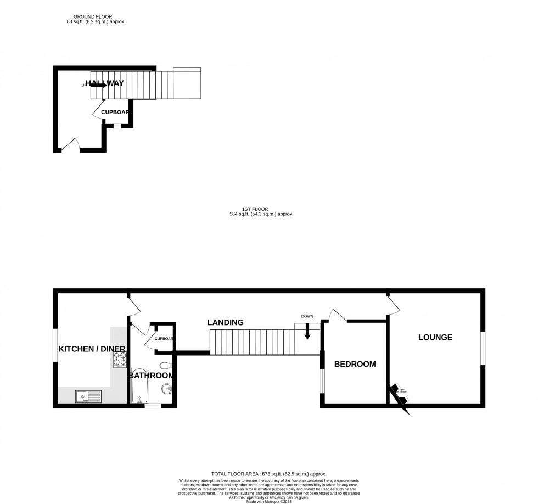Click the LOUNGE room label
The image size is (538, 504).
point(435,337)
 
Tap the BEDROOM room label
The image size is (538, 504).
point(355,364)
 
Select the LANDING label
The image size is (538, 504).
point(225,323)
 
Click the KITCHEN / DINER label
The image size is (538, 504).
point(92,349)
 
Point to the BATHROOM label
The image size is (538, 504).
point(152,376)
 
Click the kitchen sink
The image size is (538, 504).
point(88,395)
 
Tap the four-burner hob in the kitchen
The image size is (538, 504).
point(120,359)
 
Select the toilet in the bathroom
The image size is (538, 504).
point(165,366)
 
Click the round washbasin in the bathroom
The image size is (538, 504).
point(166,389)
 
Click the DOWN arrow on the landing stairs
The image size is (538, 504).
point(307,330)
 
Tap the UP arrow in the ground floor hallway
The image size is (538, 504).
point(98,85)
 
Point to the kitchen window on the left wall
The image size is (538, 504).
point(55,345)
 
